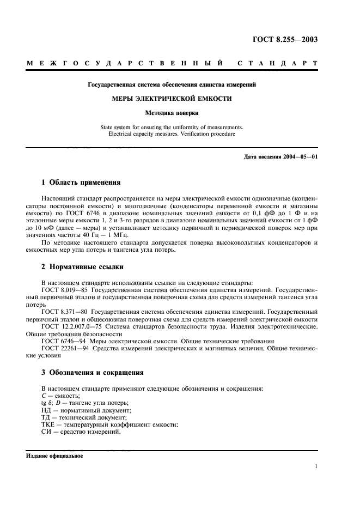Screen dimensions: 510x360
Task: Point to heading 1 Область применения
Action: point(81,182)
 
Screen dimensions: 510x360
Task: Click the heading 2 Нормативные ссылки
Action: point(83,267)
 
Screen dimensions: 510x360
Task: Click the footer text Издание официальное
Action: point(54,456)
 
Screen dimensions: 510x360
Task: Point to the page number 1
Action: point(316,466)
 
